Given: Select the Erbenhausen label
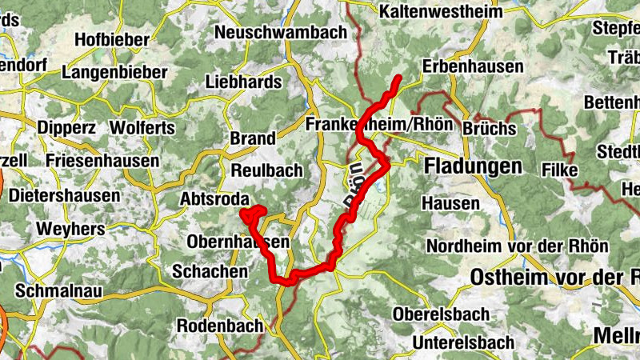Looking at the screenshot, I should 473,66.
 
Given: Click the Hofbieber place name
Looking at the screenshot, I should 111,39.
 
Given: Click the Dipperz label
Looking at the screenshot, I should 68,126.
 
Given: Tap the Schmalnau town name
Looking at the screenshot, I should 65,291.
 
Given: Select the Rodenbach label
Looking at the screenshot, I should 219,326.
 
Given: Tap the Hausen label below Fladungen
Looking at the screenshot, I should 452,204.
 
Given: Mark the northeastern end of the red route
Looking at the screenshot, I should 398,78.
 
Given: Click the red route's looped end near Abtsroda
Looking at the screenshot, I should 254,214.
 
